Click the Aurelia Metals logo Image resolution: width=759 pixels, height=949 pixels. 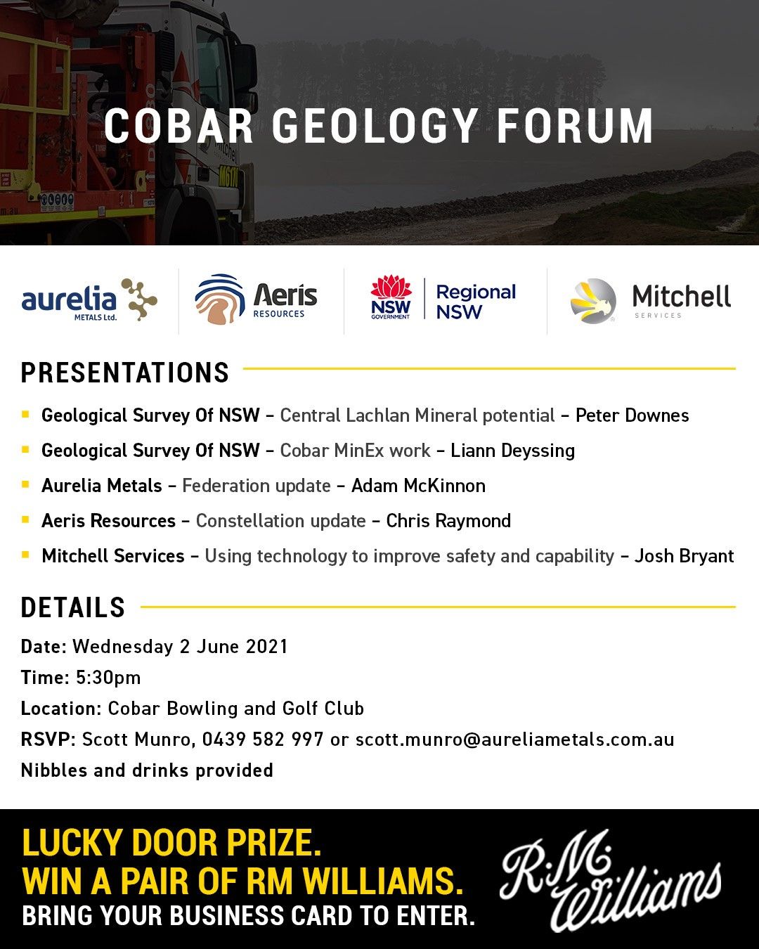[89, 300]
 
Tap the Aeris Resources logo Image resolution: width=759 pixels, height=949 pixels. [256, 300]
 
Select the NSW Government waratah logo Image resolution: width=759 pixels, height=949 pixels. [391, 297]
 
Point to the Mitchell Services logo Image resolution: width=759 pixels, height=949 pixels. [651, 300]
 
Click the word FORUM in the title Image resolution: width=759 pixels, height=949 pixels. [575, 127]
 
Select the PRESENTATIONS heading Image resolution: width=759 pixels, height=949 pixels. [125, 373]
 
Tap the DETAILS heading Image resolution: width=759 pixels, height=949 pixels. [73, 608]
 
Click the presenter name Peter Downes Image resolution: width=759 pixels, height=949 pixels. [632, 415]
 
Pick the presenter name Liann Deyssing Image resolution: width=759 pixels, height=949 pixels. [512, 451]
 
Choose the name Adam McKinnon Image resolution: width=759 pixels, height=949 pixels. [418, 486]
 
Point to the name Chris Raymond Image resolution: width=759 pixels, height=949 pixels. [448, 521]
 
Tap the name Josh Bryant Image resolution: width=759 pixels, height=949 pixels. [684, 556]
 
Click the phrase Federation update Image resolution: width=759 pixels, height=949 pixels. [257, 486]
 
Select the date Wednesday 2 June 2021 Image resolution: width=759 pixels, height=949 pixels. [181, 647]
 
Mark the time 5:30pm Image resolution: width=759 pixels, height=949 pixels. [108, 678]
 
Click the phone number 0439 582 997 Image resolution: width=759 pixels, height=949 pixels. [263, 740]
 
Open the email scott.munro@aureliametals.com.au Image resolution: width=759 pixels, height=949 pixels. [514, 740]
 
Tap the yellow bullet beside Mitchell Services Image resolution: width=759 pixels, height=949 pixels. [25, 555]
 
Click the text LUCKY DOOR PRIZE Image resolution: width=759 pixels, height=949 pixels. [172, 843]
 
